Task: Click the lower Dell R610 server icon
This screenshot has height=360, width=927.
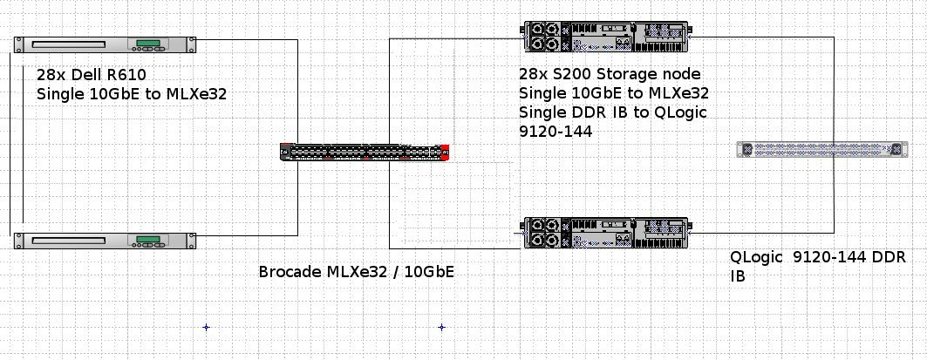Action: (106, 240)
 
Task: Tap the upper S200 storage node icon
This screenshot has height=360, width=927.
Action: (606, 37)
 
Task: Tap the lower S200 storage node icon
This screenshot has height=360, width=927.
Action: (606, 234)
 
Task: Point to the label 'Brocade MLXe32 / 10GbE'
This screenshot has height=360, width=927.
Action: (356, 272)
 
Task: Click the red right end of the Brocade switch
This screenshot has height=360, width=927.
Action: (446, 152)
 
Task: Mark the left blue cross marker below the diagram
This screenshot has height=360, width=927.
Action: (206, 328)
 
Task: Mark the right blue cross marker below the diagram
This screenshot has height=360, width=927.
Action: (441, 328)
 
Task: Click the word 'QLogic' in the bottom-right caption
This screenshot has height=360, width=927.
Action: (757, 258)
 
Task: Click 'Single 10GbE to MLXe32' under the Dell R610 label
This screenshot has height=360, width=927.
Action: (131, 94)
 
